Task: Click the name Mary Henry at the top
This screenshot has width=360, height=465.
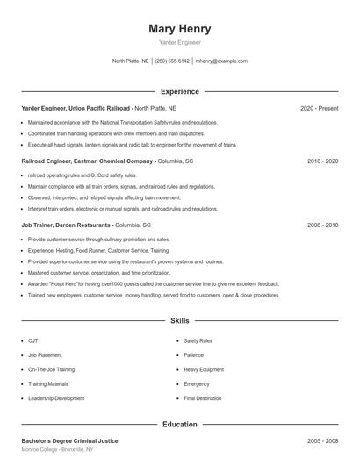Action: [180, 28]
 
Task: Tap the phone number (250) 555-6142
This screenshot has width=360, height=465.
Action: [173, 61]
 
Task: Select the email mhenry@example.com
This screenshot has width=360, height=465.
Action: [221, 61]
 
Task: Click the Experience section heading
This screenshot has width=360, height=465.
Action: [180, 91]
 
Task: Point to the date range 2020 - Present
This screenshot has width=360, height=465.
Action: [319, 108]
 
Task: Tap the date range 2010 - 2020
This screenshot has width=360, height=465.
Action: [322, 161]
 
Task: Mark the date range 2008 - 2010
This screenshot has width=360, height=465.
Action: [322, 225]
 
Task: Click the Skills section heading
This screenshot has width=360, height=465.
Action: [180, 322]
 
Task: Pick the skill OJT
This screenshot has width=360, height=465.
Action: [33, 340]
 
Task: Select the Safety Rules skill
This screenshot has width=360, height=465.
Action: [198, 340]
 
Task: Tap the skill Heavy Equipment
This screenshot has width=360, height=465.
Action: [203, 369]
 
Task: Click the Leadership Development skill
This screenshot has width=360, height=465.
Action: [56, 398]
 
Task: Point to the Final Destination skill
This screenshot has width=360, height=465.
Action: [203, 398]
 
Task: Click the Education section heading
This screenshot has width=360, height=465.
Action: [180, 425]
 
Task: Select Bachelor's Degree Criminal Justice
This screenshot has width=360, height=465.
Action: [69, 440]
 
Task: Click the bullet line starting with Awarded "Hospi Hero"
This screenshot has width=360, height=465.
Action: [154, 284]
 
